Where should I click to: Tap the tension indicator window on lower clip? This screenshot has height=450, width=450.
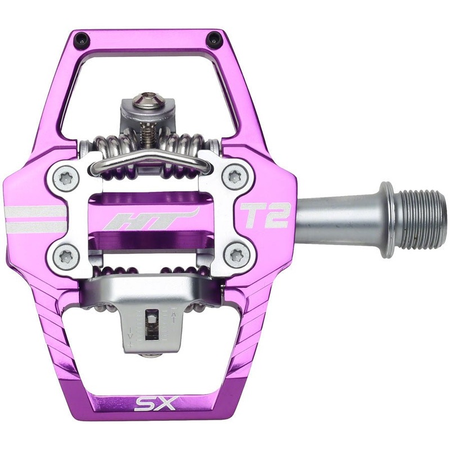click(151, 326)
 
